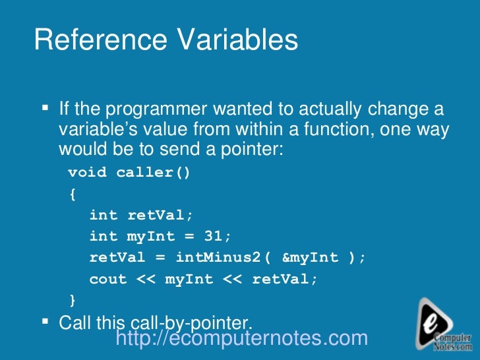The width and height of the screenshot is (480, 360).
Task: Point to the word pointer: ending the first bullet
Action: click(x=253, y=148)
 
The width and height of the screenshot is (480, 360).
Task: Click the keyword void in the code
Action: click(x=87, y=173)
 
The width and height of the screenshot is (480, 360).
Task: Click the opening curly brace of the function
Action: click(x=72, y=195)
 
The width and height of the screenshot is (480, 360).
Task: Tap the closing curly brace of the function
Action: click(x=72, y=301)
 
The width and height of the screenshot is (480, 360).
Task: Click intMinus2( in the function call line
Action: click(x=223, y=258)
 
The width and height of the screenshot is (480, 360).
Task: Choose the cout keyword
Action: click(x=107, y=280)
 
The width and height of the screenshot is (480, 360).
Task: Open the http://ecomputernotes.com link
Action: click(x=241, y=338)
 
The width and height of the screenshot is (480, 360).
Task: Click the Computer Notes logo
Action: click(x=444, y=324)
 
